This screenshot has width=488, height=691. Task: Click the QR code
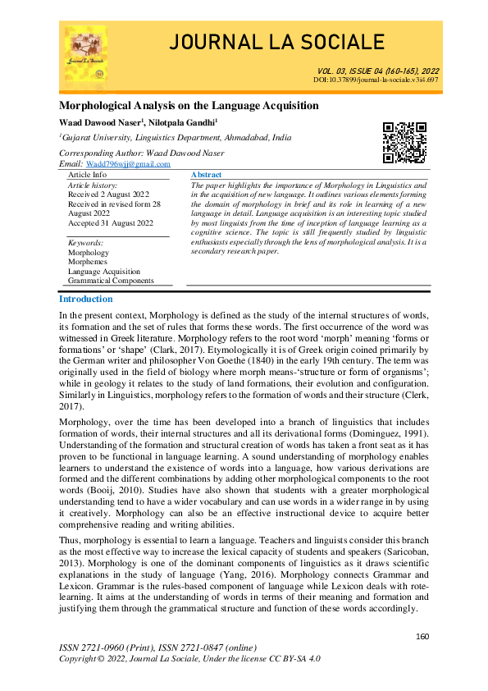[x=405, y=141]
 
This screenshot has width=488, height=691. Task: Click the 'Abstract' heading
[x=206, y=176]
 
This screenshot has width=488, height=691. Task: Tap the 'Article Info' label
[x=87, y=175]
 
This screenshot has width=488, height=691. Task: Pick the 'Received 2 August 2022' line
[x=108, y=194]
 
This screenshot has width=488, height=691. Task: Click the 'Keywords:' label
[x=85, y=243]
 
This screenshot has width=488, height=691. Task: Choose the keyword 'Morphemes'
[x=87, y=262]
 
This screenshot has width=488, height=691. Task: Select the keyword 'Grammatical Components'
[x=110, y=280]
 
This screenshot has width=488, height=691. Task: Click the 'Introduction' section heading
[x=86, y=300]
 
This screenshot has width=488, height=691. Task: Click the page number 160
[x=423, y=637]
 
